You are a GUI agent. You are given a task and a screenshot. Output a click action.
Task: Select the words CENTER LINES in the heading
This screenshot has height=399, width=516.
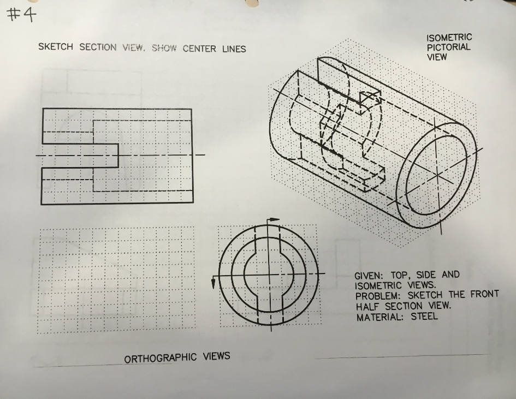pos(214,49)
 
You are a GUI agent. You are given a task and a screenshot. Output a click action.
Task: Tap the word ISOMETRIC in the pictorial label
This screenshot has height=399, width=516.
pos(449,38)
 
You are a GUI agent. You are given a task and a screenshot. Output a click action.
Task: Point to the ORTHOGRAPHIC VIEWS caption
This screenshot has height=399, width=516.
pos(177,358)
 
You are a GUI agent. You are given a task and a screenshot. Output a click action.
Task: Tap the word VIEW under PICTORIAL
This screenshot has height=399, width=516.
pos(436,57)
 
